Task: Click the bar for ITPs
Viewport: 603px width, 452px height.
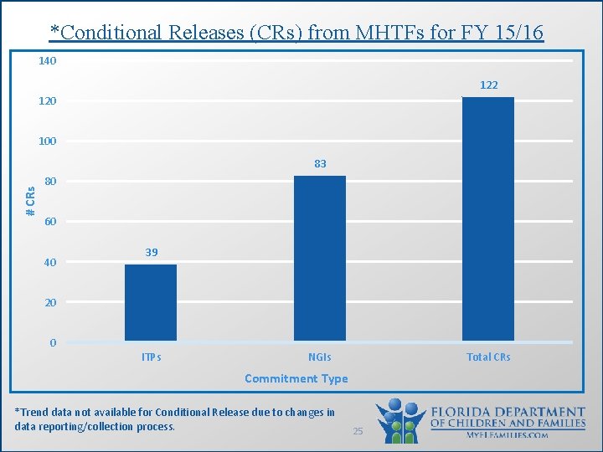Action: click(151, 302)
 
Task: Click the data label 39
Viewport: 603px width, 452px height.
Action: click(151, 252)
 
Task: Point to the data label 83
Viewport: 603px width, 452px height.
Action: click(320, 164)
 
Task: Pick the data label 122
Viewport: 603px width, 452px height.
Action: click(488, 85)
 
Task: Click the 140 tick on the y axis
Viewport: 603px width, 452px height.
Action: click(47, 61)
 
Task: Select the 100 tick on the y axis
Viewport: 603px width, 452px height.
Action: click(47, 141)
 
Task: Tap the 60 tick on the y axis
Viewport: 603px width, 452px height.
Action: click(50, 222)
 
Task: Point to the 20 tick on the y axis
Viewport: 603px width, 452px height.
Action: click(50, 302)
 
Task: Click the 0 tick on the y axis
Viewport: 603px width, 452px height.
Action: click(53, 342)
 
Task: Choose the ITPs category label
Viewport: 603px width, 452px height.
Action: click(151, 357)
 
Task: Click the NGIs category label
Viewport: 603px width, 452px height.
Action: click(320, 357)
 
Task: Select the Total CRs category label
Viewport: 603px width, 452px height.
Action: click(488, 357)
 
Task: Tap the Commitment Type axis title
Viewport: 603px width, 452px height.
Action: click(296, 378)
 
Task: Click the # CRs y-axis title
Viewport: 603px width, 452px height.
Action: click(30, 201)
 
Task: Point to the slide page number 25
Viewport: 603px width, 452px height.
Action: click(358, 430)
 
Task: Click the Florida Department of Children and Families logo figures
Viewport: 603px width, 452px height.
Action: click(402, 420)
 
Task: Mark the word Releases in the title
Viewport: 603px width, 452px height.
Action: click(205, 33)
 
